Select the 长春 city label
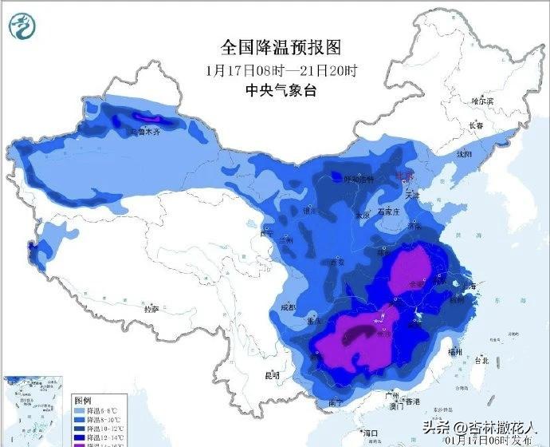coord(476,125)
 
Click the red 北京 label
coord(406,176)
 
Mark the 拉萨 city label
coord(151,307)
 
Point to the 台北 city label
coord(481,360)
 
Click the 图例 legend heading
coord(84,398)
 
